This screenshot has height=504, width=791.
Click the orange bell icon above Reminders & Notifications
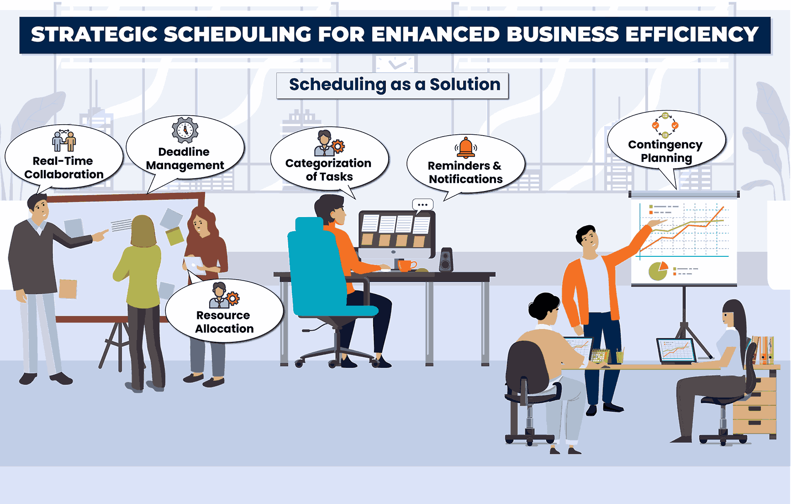[x=465, y=147]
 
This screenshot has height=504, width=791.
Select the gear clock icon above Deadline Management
[x=185, y=130]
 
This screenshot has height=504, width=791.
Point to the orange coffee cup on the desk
[x=406, y=265]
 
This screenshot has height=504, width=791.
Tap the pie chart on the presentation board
[x=658, y=271]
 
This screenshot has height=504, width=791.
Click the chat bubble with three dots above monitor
[x=422, y=205]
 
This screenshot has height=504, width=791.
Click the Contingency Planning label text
[x=665, y=151]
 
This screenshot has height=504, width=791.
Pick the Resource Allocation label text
[x=224, y=322]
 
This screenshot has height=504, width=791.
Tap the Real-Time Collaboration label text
[x=64, y=168]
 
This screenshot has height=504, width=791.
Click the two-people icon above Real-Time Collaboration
[x=64, y=140]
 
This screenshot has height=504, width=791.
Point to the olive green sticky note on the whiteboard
[x=174, y=236]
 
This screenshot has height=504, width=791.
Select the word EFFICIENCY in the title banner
[x=692, y=35]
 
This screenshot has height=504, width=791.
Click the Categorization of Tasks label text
[x=328, y=170]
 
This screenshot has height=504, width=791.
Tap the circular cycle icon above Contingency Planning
[x=665, y=125]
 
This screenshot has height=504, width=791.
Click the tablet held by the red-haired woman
[x=195, y=265]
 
